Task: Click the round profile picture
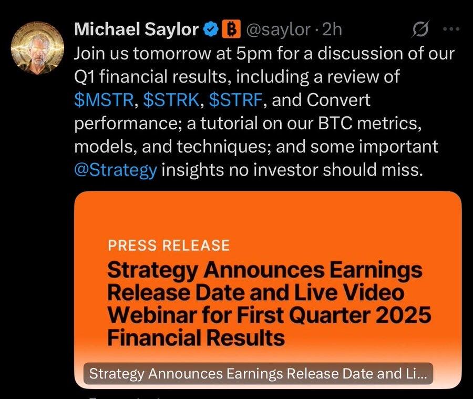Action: click(37, 48)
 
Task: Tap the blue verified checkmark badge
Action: click(211, 29)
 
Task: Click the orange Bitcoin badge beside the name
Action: click(231, 29)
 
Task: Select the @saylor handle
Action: click(279, 30)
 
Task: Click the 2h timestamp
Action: click(332, 29)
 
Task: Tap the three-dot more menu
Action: click(451, 29)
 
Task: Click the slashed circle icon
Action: click(420, 29)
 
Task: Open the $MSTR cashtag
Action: click(104, 100)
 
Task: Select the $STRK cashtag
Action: click(171, 100)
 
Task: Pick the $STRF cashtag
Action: click(235, 100)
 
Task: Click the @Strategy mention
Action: click(116, 170)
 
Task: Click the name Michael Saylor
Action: click(136, 29)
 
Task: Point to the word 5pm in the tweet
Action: click(254, 54)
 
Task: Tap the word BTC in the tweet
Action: click(335, 123)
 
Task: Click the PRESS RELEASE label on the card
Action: click(169, 245)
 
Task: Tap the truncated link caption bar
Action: click(258, 373)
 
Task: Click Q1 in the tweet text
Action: click(84, 77)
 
